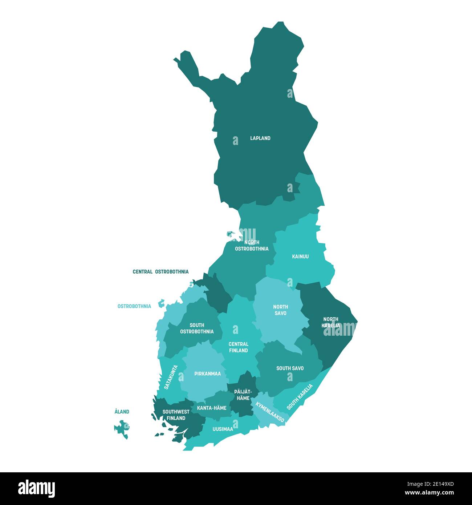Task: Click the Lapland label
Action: [260, 138]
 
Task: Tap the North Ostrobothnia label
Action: [252, 246]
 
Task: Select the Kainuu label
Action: [301, 256]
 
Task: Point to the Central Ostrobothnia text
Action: [160, 272]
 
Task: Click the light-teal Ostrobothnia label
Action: [134, 306]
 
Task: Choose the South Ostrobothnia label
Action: [197, 328]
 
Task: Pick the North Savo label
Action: [281, 310]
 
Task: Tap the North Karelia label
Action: [331, 322]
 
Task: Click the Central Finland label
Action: [239, 347]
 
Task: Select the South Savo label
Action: [290, 368]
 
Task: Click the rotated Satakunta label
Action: [171, 377]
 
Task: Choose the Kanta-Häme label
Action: [212, 408]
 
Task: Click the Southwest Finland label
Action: [176, 415]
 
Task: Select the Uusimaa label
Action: [223, 429]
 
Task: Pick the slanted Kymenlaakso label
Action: [270, 412]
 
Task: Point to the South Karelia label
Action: [300, 397]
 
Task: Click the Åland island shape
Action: [122, 428]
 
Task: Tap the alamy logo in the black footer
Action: [37, 488]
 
